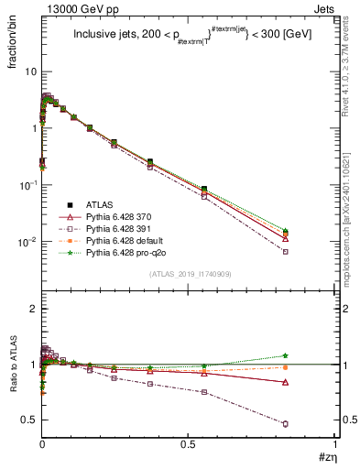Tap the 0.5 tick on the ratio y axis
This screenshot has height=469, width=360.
[x=28, y=420]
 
